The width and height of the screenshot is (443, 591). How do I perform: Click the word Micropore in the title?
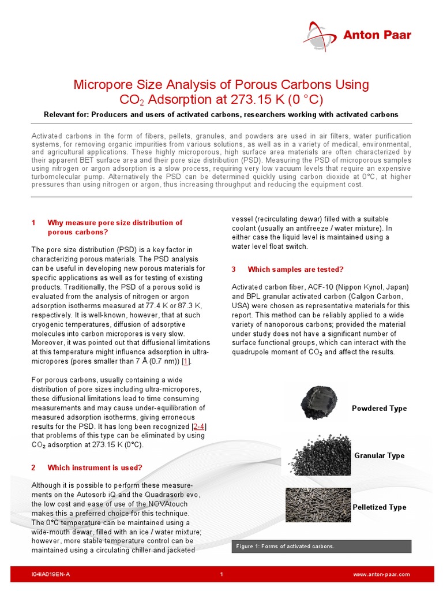102,85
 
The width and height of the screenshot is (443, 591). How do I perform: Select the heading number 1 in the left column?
33,223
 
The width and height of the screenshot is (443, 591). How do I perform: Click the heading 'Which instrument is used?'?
95,467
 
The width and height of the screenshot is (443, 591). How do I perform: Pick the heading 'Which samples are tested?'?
295,270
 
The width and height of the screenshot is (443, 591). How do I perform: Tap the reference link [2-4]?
198,426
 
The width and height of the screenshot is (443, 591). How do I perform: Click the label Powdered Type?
379,409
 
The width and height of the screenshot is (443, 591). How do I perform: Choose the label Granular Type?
379,456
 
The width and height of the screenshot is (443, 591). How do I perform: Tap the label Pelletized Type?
379,507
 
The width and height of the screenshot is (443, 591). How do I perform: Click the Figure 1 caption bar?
321,546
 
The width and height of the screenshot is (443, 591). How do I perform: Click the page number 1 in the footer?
221,575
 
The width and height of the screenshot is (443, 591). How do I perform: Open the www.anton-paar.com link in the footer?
381,575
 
